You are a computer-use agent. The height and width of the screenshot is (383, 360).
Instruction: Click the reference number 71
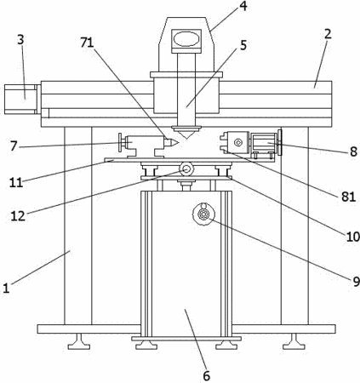click(87, 43)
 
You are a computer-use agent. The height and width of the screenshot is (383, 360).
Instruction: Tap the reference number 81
click(348, 197)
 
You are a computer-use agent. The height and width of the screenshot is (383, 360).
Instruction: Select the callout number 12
click(18, 216)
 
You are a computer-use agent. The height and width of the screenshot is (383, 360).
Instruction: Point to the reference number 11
click(16, 182)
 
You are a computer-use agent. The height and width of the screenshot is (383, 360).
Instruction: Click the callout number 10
click(352, 237)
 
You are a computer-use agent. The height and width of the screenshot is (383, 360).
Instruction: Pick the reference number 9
click(356, 281)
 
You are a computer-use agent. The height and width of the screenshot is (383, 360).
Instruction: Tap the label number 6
click(207, 376)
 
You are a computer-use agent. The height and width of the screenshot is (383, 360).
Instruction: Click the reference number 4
click(243, 6)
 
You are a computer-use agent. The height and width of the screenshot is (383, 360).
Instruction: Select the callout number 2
click(328, 34)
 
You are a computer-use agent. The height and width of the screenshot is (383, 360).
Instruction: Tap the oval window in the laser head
click(186, 39)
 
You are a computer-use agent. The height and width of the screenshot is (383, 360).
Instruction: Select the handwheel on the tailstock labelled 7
click(120, 143)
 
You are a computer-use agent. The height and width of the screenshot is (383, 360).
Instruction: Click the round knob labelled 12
click(186, 169)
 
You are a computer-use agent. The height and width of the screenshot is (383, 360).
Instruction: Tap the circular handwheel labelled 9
click(203, 214)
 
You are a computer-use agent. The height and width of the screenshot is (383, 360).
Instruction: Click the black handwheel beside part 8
click(281, 142)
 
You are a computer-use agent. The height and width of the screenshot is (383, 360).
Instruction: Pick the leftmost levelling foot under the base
click(79, 341)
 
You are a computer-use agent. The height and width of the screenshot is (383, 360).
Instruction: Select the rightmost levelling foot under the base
click(294, 341)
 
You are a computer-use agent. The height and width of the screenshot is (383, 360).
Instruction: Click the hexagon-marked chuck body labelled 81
click(237, 142)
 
